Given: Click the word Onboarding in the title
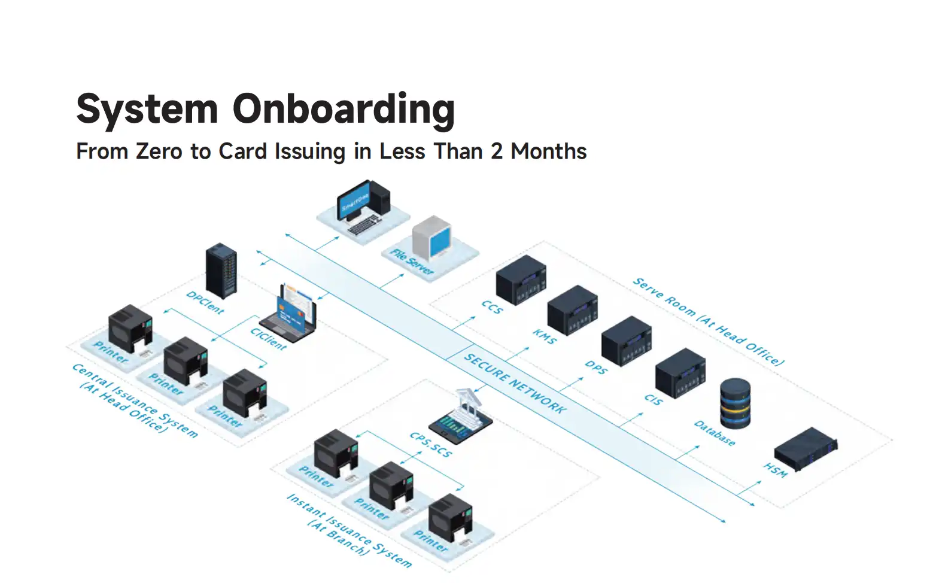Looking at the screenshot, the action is [344, 110].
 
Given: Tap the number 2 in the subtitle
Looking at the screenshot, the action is [497, 151].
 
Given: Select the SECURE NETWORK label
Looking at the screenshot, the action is [515, 383].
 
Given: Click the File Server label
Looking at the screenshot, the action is [412, 262].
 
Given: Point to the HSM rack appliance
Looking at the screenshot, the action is [806, 449].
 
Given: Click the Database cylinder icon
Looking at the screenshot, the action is [736, 403].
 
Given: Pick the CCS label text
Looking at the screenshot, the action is [492, 307].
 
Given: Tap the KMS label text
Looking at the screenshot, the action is [545, 337].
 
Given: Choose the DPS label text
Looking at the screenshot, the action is [596, 367].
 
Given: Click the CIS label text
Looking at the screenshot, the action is [654, 399].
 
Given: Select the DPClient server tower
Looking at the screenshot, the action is [221, 271].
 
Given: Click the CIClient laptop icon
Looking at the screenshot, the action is [288, 314].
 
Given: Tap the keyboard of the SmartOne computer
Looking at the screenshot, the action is [364, 224].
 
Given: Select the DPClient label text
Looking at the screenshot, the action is [205, 302].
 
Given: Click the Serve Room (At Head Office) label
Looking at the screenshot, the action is [709, 322].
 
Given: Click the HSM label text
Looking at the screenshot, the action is [775, 470].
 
